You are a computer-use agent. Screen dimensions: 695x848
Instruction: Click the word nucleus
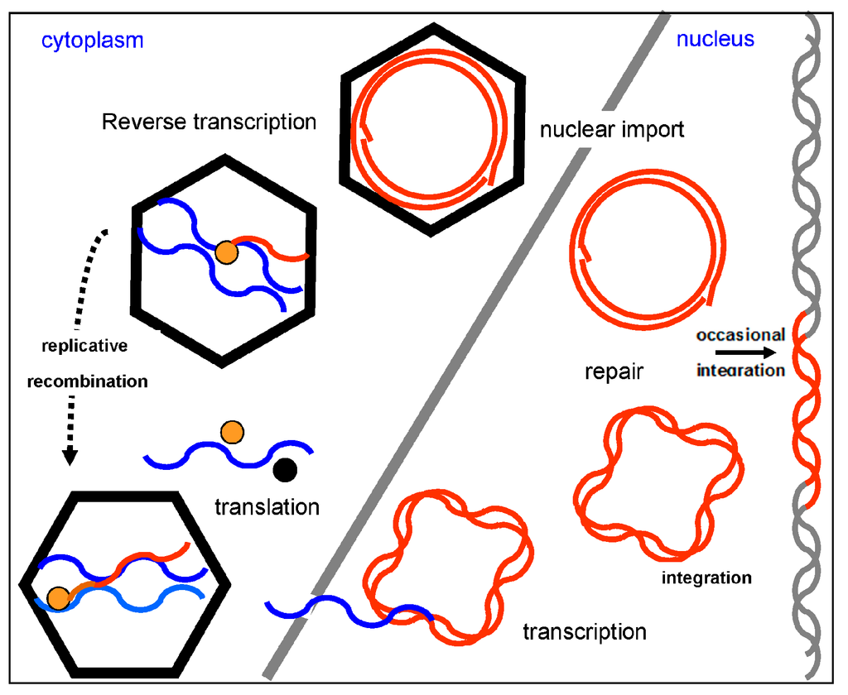point(715,39)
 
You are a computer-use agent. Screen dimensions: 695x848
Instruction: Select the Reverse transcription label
point(209,122)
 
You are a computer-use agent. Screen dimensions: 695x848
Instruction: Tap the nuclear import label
point(612,130)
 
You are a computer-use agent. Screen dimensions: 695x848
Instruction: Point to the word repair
point(614,372)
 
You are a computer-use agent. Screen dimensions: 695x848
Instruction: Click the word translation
point(267,506)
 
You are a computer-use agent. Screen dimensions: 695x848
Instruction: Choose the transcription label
point(584,632)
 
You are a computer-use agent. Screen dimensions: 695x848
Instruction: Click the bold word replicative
point(85,346)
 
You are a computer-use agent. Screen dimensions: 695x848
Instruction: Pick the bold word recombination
point(87,381)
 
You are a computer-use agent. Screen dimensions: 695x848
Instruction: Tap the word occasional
point(740,335)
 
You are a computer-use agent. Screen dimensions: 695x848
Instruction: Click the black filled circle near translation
point(284,470)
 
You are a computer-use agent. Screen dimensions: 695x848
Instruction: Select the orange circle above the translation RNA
point(232,432)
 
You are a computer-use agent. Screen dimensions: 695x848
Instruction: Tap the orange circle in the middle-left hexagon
point(224,253)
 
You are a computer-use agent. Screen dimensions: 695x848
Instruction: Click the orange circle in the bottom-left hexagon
point(57,597)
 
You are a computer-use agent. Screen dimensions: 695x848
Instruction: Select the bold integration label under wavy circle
point(706,578)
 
